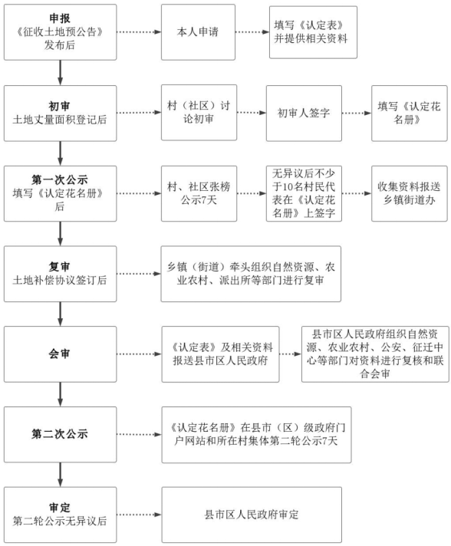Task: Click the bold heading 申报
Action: tap(60, 18)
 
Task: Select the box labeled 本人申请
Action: tap(198, 32)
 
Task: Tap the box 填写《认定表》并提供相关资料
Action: tap(313, 32)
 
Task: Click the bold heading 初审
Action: tap(60, 106)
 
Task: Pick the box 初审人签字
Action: tap(304, 113)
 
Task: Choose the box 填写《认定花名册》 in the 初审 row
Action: tap(410, 113)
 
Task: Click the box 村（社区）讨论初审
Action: tap(199, 113)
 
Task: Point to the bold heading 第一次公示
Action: tap(60, 179)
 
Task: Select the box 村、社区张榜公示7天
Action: tap(199, 193)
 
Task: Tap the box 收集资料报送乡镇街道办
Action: tap(410, 193)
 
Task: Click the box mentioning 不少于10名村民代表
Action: tap(304, 193)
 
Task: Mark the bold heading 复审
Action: tap(60, 267)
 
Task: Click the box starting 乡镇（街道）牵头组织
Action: tap(251, 274)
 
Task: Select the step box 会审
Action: tap(61, 354)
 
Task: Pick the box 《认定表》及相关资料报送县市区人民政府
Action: tap(220, 354)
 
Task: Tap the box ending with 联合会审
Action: tap(375, 354)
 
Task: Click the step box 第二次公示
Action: tap(61, 434)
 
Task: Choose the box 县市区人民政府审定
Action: tap(252, 515)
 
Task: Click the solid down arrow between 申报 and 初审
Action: tap(61, 72)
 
